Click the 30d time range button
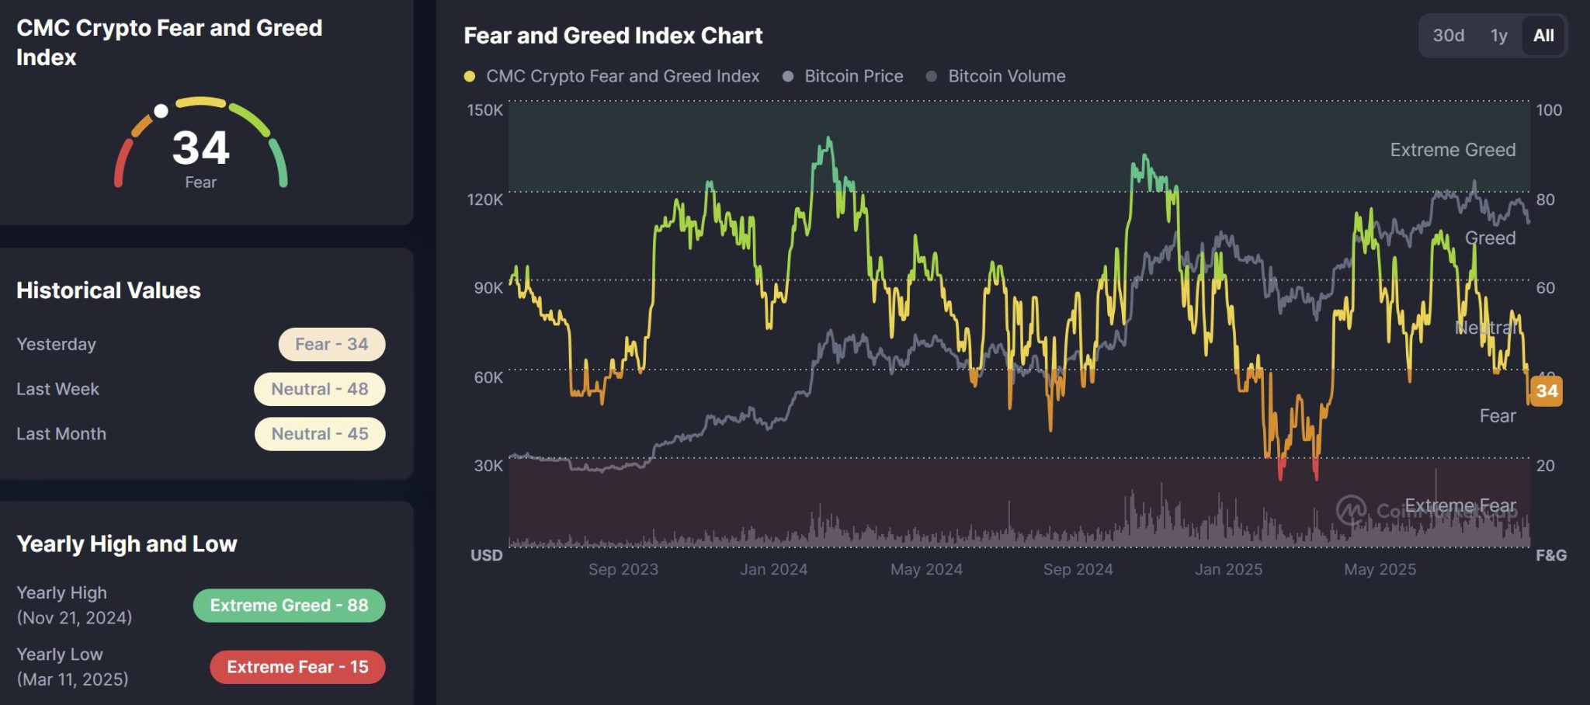(1448, 36)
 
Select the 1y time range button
(1498, 36)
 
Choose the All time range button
(1543, 36)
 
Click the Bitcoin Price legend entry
(853, 76)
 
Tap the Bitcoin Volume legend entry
(1006, 76)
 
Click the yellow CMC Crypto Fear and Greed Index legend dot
(470, 76)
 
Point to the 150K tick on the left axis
(484, 110)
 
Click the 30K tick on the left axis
(488, 466)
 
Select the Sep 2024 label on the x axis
(1078, 569)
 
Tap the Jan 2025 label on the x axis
(1228, 569)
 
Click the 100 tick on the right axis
(1549, 110)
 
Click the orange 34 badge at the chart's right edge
(1547, 391)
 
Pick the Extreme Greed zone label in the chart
(1453, 150)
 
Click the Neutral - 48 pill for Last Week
(320, 389)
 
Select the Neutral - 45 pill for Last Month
(320, 434)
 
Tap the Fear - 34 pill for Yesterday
(332, 344)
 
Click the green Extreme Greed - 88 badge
(289, 606)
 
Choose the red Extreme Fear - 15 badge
(297, 667)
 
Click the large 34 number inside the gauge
(200, 148)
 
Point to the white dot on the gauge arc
(161, 111)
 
